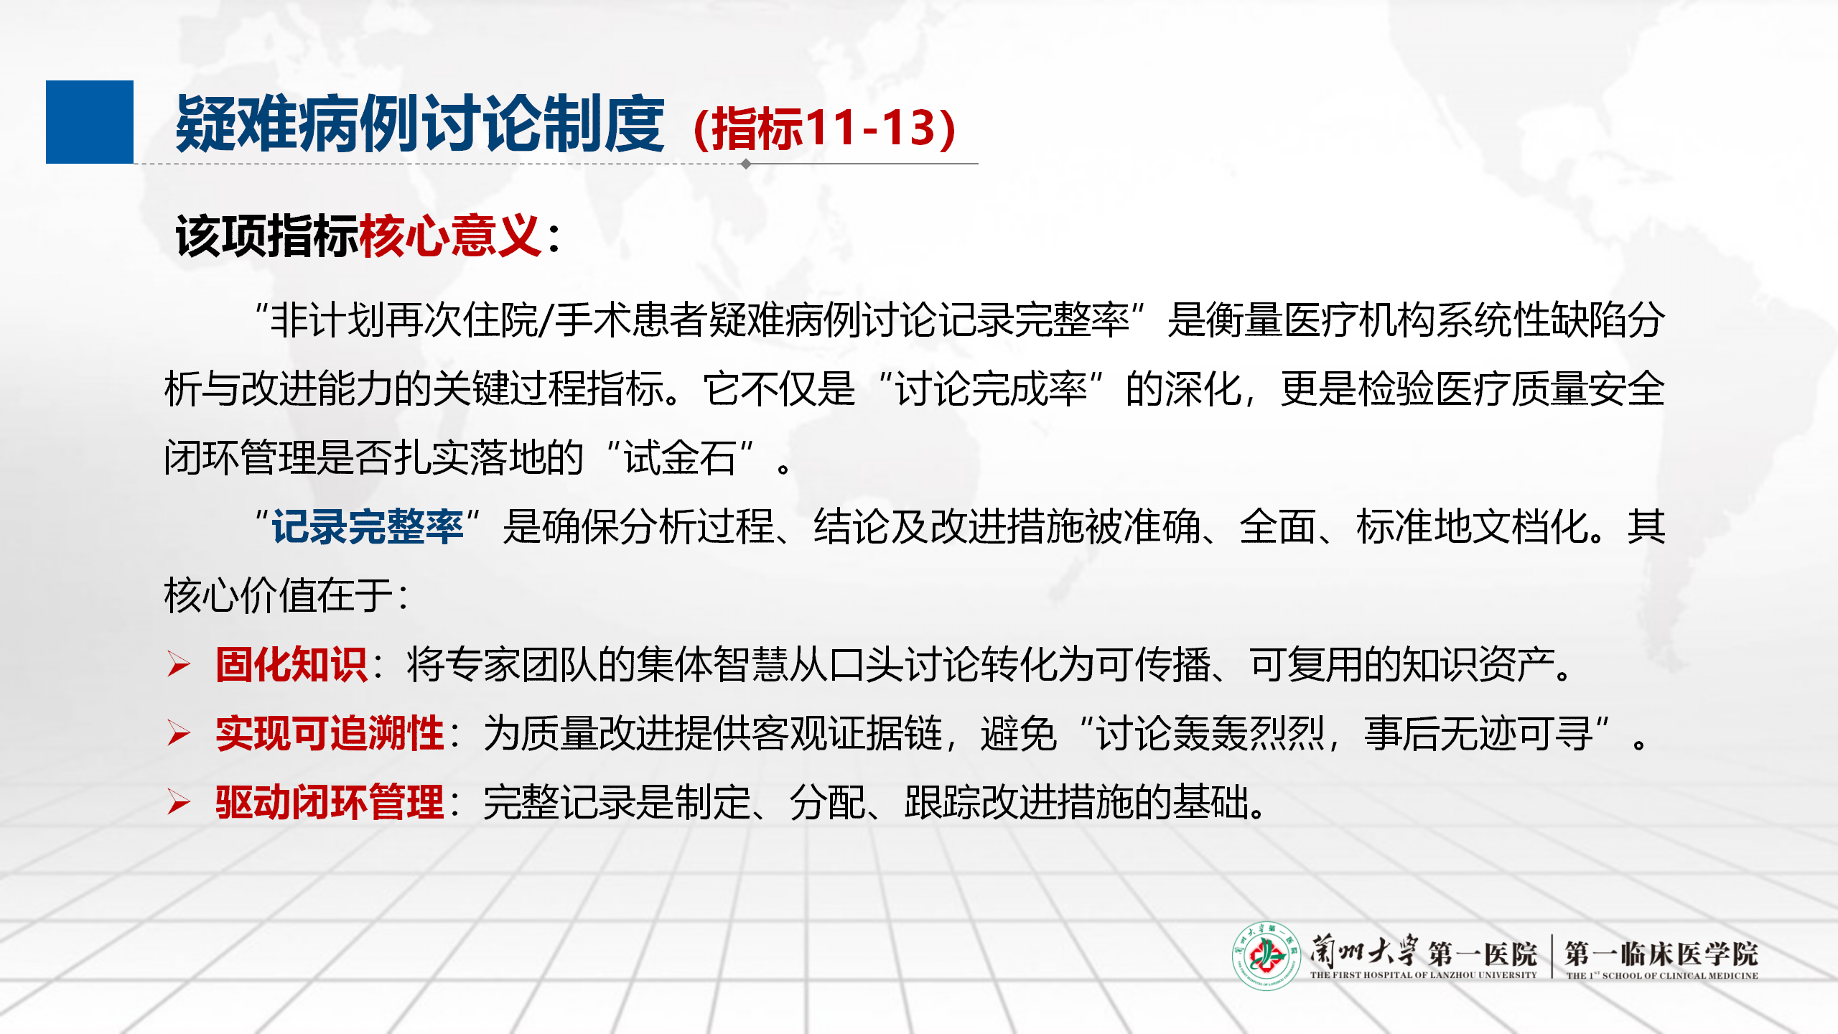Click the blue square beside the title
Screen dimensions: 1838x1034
tap(90, 122)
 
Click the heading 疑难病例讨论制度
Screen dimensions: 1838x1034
tap(420, 125)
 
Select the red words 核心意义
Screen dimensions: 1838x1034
tap(450, 236)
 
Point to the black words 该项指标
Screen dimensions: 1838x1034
tap(267, 236)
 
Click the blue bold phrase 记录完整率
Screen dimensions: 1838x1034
tap(368, 526)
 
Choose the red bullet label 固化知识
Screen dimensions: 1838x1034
tap(292, 664)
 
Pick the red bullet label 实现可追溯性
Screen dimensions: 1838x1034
tap(330, 733)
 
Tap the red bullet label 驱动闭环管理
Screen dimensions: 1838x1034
tap(330, 802)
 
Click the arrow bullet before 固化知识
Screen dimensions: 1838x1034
tap(179, 664)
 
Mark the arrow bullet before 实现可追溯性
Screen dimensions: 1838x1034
tap(179, 733)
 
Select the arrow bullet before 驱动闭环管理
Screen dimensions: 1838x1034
tap(179, 802)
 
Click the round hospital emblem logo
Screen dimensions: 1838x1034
tap(1266, 956)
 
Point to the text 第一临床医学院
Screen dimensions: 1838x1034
tap(1662, 954)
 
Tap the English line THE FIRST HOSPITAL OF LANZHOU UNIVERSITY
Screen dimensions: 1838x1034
tap(1424, 975)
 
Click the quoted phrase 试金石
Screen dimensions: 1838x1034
tap(680, 457)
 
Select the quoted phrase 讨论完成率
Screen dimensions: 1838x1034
tap(992, 388)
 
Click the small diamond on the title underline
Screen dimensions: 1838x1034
tap(746, 164)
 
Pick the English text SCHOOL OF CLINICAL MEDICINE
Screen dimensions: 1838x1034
tap(1681, 976)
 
